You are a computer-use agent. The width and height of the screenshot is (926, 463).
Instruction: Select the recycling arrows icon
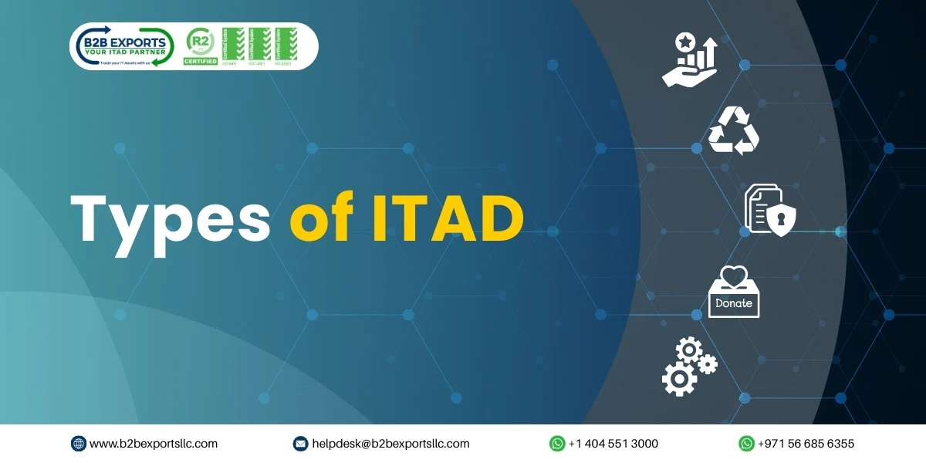(x=734, y=131)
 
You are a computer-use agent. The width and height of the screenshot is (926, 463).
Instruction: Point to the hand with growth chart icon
(x=689, y=59)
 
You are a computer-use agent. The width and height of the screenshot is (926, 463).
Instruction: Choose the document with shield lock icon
(x=769, y=209)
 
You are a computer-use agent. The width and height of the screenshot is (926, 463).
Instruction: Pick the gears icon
(x=688, y=367)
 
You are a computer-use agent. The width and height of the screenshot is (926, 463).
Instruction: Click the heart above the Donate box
(x=734, y=275)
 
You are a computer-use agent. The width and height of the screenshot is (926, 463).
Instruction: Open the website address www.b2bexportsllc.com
(x=153, y=444)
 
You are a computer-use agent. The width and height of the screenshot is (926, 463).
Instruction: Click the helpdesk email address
(x=390, y=444)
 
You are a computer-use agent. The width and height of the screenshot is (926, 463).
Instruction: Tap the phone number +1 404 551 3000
(x=613, y=444)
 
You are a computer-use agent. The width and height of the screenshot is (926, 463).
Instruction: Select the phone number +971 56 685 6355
(x=806, y=444)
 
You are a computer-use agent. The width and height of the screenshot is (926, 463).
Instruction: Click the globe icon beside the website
(x=79, y=444)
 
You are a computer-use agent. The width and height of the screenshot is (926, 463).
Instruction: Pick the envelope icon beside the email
(x=301, y=444)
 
